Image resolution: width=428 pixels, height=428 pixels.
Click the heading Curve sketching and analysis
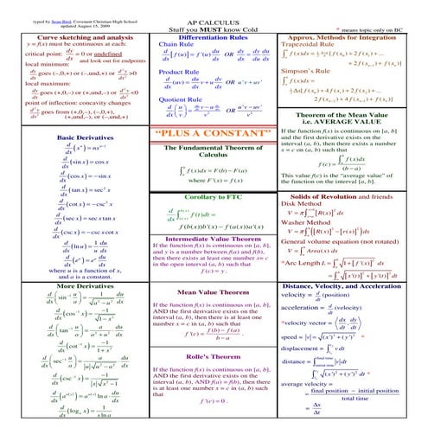tap(73, 38)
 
